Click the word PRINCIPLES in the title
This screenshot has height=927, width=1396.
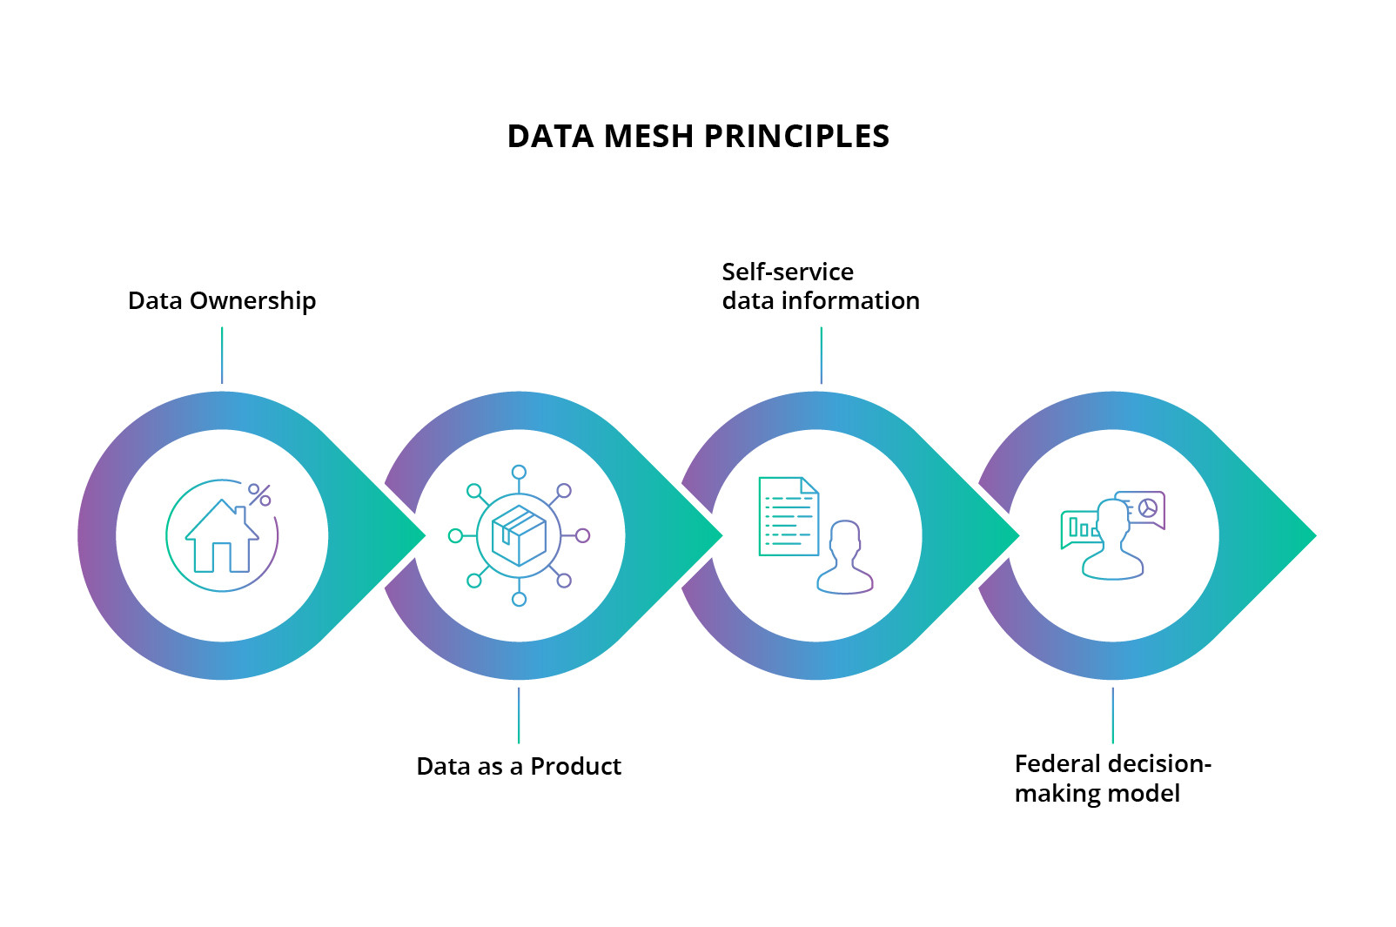click(x=795, y=137)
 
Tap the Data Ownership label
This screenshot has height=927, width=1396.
click(x=222, y=301)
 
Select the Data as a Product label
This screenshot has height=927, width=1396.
click(x=519, y=767)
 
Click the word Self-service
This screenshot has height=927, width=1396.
click(x=788, y=272)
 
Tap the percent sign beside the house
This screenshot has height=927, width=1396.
click(x=259, y=494)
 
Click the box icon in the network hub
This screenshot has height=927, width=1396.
click(x=519, y=535)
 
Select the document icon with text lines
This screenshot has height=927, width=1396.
click(x=788, y=516)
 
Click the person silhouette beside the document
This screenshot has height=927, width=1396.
click(x=845, y=558)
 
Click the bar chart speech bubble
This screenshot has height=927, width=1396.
click(x=1079, y=528)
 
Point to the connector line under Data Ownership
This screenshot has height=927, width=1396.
click(x=222, y=355)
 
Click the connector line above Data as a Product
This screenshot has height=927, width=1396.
click(x=519, y=715)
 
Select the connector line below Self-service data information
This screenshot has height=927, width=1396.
click(x=821, y=355)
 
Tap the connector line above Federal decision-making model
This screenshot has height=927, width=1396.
click(x=1112, y=715)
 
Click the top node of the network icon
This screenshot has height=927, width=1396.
click(x=519, y=473)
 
